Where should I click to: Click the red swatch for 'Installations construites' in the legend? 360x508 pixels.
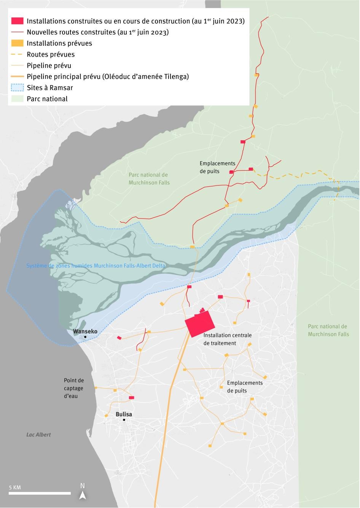[x=17, y=21]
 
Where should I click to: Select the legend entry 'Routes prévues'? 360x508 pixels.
[x=51, y=54]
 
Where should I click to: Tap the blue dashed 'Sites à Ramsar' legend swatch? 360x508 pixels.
[x=17, y=87]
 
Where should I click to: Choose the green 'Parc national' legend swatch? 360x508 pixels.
[x=17, y=99]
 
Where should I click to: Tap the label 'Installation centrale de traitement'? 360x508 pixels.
[x=227, y=339]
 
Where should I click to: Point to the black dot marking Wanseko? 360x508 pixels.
[x=85, y=337]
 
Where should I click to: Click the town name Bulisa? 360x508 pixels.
[x=124, y=414]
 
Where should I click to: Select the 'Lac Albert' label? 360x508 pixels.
[x=38, y=434]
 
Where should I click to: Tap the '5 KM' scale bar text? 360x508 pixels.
[x=15, y=487]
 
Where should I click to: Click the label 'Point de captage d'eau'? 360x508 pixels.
[x=74, y=388]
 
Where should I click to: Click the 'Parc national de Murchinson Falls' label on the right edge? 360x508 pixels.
[x=328, y=330]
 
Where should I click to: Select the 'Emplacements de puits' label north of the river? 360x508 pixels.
[x=217, y=167]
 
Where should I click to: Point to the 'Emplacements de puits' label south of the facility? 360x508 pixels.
[x=245, y=387]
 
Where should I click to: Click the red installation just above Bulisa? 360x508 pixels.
[x=131, y=397]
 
